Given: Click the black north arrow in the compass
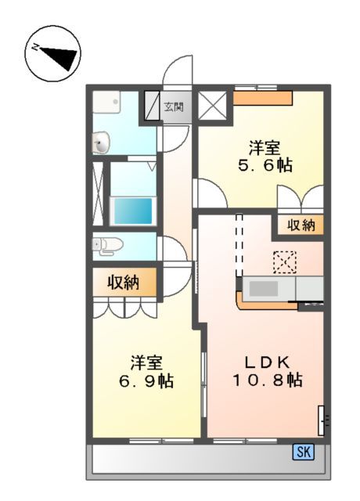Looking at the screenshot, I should pyautogui.click(x=58, y=56).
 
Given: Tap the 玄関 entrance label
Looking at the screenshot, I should pyautogui.click(x=174, y=106).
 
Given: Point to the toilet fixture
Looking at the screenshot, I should pyautogui.click(x=106, y=246).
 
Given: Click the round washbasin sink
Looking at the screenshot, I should pyautogui.click(x=101, y=142).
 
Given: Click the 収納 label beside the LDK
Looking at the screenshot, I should pyautogui.click(x=300, y=225).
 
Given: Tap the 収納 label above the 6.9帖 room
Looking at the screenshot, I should pyautogui.click(x=123, y=283).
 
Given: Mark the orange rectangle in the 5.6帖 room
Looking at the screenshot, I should pyautogui.click(x=263, y=98).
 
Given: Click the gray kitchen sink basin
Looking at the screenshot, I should pyautogui.click(x=263, y=289).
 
